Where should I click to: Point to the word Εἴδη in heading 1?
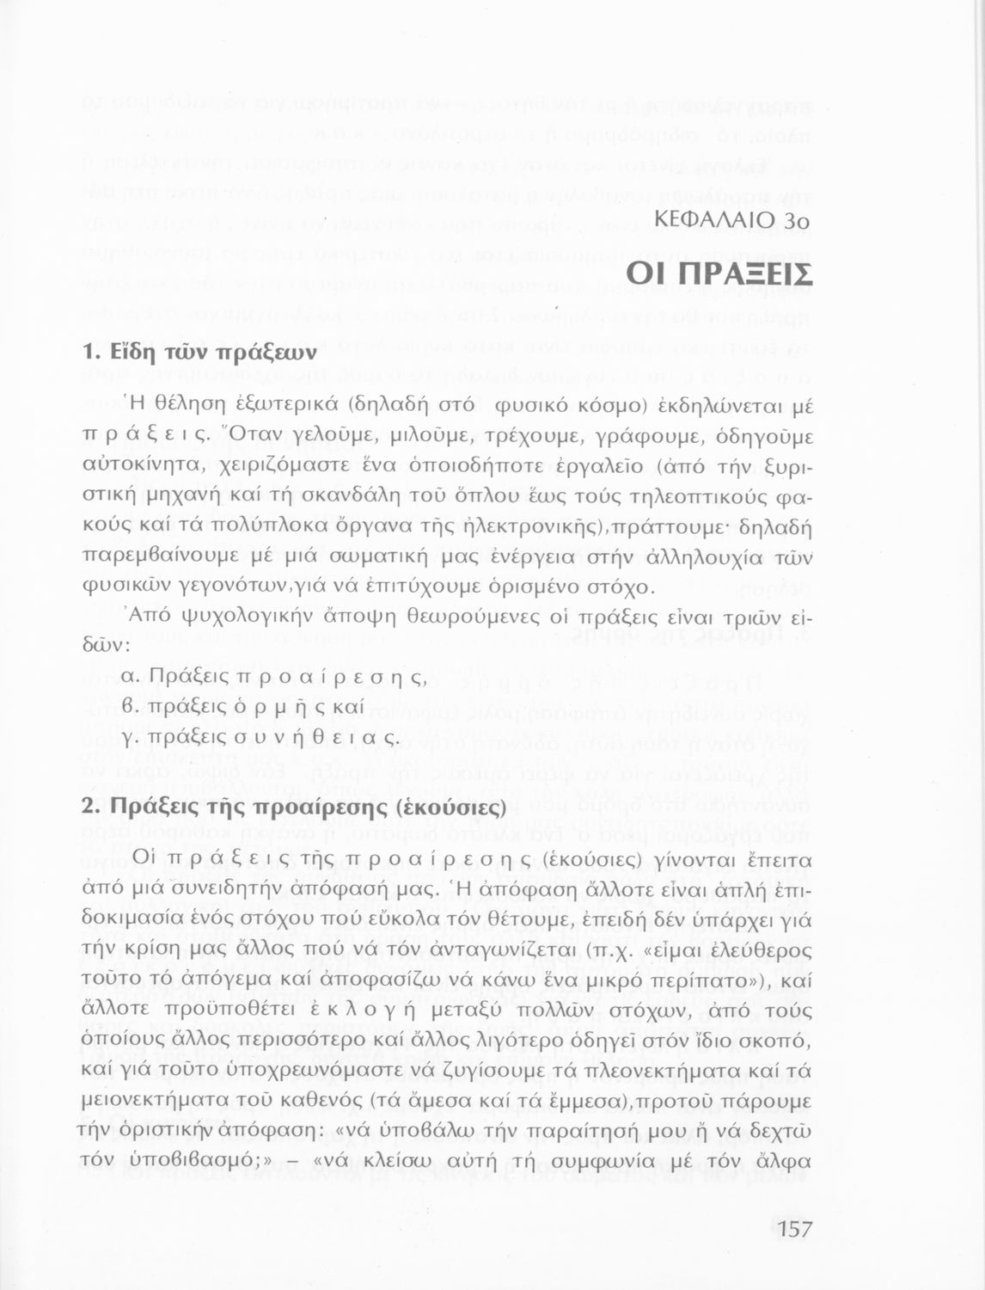coord(137,352)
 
